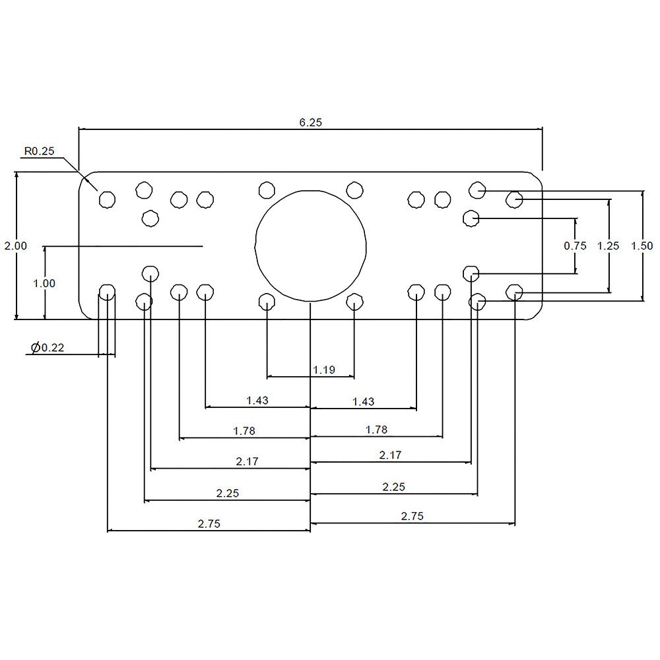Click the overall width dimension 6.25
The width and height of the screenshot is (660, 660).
tap(310, 122)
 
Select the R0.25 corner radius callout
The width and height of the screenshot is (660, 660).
tap(39, 151)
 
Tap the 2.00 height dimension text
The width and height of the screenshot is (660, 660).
tap(15, 246)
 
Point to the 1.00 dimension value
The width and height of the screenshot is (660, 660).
tap(44, 283)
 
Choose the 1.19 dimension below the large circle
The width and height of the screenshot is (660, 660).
tap(323, 370)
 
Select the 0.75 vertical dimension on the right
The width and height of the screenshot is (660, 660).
tap(575, 246)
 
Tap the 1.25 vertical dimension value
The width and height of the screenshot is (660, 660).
tap(608, 246)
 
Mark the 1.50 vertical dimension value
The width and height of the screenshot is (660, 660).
tap(642, 246)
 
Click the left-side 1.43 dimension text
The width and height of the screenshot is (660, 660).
tap(257, 400)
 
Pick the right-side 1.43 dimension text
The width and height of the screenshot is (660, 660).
tap(363, 401)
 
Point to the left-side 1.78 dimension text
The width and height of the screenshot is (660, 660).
tap(244, 431)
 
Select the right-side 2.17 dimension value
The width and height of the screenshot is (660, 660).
tap(389, 455)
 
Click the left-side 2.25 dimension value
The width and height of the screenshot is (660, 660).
tap(227, 492)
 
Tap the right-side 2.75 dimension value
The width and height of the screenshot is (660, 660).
tap(412, 517)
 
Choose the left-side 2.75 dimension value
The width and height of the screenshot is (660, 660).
tap(209, 523)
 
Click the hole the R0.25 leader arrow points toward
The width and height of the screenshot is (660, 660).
tap(107, 199)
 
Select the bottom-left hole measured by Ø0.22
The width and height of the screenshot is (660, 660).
tap(107, 292)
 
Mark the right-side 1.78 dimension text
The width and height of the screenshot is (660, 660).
tap(376, 430)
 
